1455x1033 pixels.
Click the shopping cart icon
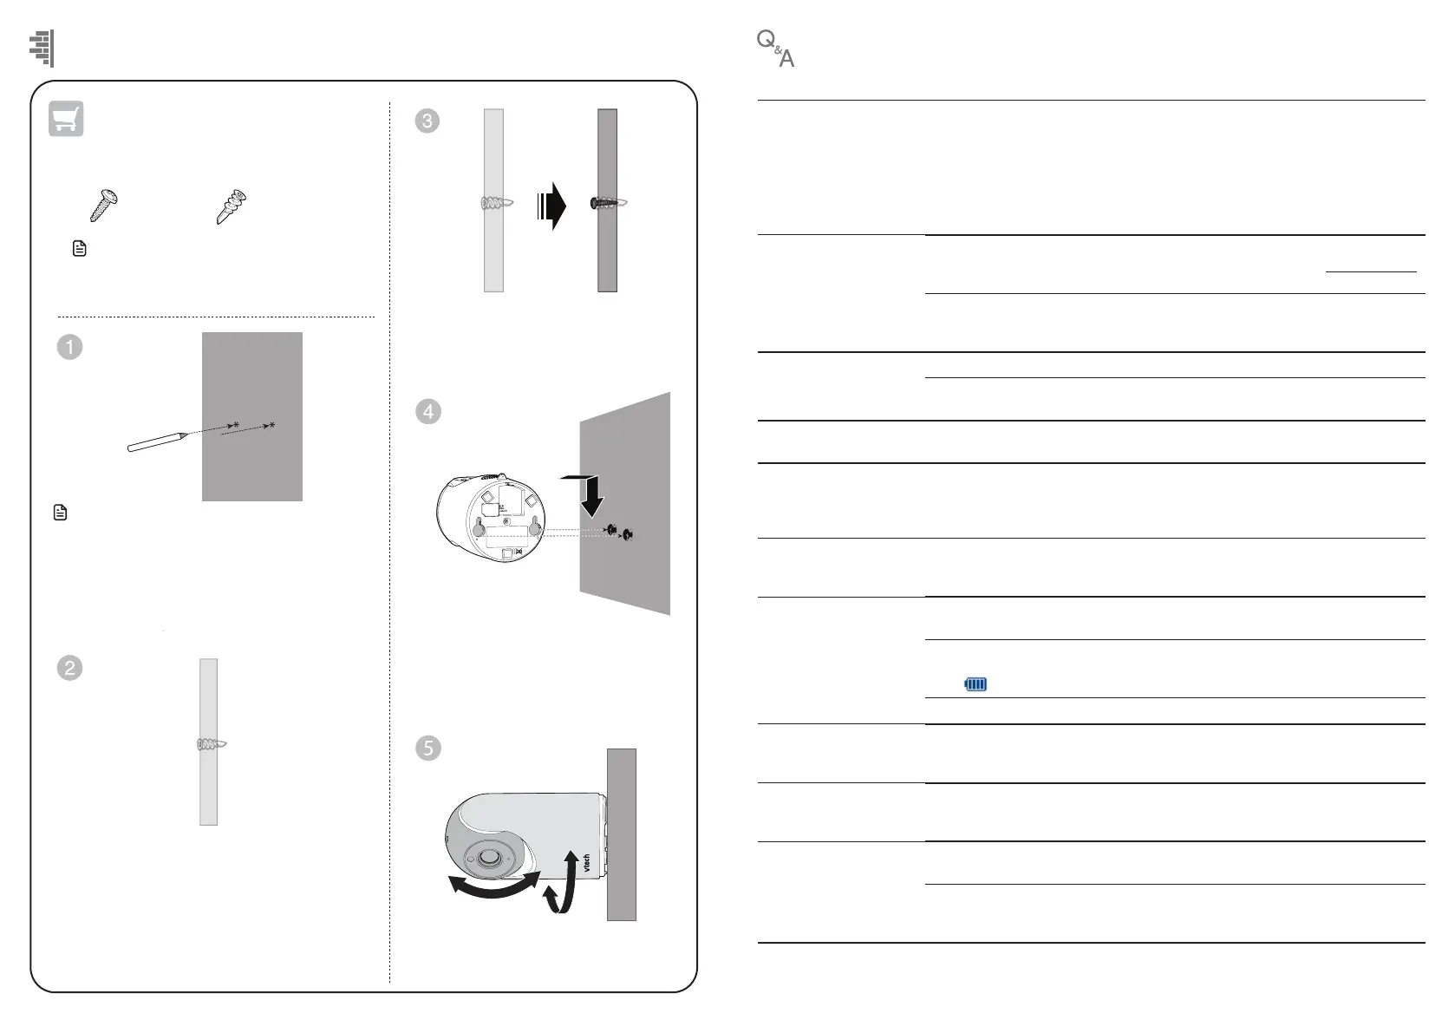pos(66,119)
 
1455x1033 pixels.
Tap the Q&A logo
pos(775,49)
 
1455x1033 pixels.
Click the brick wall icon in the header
pos(42,48)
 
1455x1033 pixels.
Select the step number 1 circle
pos(69,347)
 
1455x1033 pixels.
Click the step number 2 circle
pos(69,668)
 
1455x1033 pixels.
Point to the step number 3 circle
pos(427,121)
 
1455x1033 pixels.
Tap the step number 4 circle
pos(427,411)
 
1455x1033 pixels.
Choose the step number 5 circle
pos(427,748)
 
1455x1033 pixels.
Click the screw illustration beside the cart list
pos(104,205)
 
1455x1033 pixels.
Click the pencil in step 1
pos(157,441)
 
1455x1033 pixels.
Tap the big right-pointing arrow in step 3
pos(551,207)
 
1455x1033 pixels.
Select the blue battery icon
pos(975,684)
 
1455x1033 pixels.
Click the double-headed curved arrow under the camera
pos(493,885)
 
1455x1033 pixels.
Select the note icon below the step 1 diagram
pos(60,513)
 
